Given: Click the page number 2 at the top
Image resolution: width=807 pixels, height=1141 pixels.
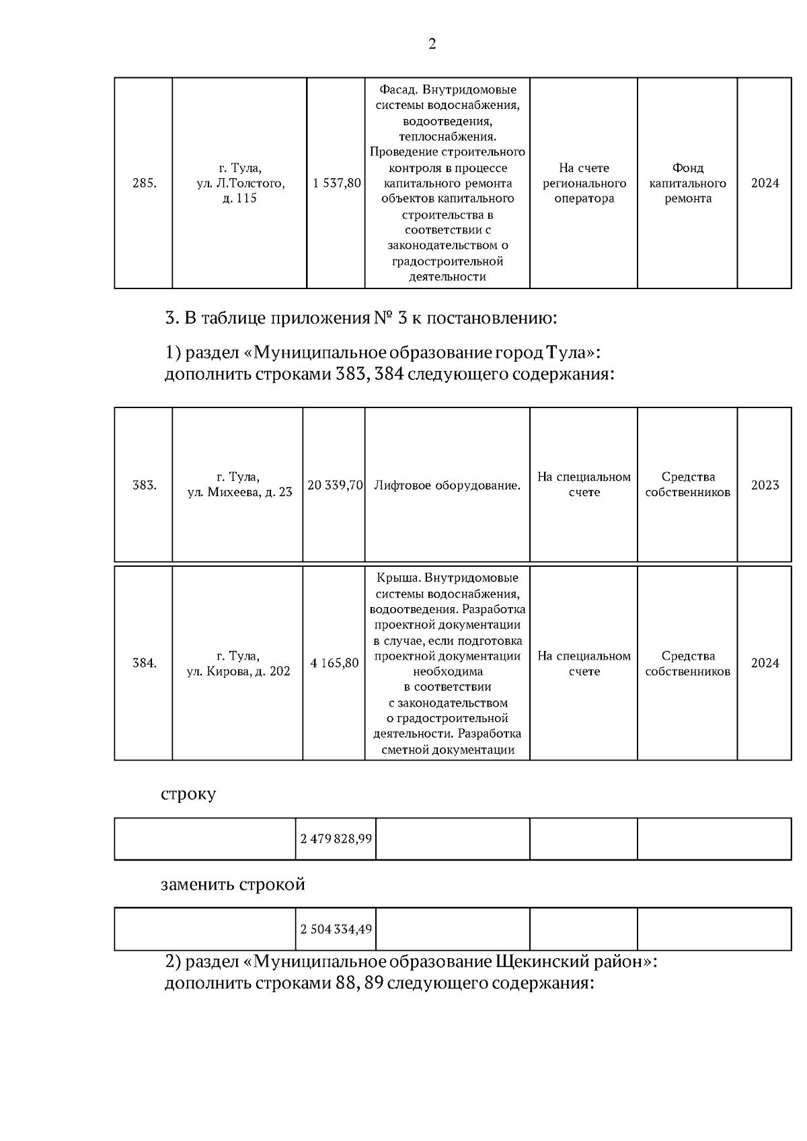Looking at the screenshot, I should click(432, 44).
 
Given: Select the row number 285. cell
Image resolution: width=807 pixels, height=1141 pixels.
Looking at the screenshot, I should click(144, 184).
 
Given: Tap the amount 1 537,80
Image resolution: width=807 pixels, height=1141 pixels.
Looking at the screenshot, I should click(336, 184).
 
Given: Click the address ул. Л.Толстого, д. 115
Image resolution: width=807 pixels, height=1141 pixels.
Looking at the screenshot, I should click(240, 191).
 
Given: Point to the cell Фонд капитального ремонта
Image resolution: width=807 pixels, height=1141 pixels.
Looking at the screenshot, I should click(687, 184).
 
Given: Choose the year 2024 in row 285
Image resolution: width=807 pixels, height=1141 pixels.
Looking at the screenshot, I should click(765, 184).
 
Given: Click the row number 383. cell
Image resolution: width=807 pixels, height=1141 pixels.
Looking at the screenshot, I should click(144, 485).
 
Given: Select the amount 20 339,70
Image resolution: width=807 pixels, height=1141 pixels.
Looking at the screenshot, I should click(335, 485).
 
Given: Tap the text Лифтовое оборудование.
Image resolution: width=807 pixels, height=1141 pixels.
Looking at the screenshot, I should click(447, 485).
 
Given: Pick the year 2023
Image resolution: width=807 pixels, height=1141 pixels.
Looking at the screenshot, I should click(765, 485).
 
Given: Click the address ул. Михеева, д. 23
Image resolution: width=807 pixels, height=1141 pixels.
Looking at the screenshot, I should click(240, 492).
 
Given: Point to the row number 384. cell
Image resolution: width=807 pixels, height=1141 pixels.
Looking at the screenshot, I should click(144, 663).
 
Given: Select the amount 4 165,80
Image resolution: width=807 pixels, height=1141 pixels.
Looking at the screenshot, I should click(334, 663).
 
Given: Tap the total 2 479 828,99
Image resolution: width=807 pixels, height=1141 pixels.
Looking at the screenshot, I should click(336, 839).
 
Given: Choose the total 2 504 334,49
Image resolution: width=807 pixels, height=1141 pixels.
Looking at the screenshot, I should click(336, 930).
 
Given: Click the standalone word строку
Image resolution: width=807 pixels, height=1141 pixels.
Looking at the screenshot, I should click(188, 794).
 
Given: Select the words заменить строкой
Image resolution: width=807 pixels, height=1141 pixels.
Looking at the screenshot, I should click(233, 884).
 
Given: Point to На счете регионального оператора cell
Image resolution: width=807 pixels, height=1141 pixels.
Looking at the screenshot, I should click(584, 184).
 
